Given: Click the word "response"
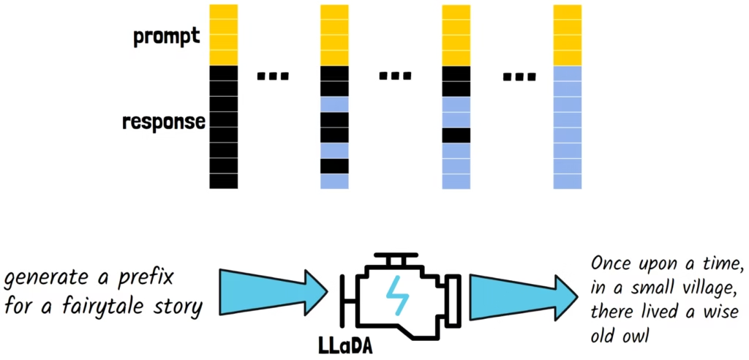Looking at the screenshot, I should point(163,121).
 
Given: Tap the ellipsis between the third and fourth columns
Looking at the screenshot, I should point(520,75).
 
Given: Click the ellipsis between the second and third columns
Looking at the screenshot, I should point(396,75).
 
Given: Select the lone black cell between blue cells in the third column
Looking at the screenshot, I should point(456,135).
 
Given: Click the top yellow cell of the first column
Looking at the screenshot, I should point(223,12).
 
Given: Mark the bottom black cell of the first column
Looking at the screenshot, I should point(223,181).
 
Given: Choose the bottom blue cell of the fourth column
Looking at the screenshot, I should point(567,181).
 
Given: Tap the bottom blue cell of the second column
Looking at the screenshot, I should point(334,181).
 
